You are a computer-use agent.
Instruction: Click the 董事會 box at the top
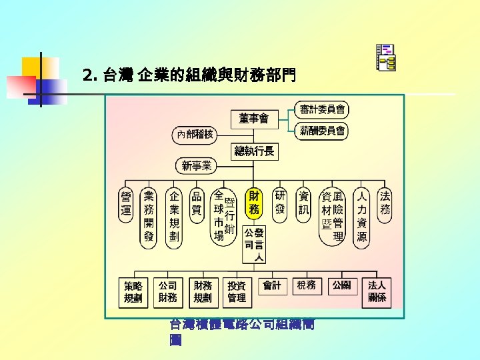(x=253, y=119)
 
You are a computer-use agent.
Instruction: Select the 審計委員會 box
(x=322, y=109)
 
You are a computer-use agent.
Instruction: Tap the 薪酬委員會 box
(x=322, y=131)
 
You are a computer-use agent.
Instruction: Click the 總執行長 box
(x=254, y=151)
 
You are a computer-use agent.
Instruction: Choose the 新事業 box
(x=197, y=165)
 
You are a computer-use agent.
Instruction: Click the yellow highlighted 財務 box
(x=254, y=203)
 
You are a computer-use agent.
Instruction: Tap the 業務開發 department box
(x=149, y=217)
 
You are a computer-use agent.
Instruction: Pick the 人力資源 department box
(x=361, y=217)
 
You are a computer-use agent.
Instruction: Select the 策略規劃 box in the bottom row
(x=133, y=292)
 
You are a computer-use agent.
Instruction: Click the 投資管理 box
(x=237, y=292)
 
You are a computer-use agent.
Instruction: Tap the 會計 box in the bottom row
(x=272, y=286)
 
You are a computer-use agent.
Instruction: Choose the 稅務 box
(x=307, y=286)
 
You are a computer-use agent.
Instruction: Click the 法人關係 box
(x=377, y=292)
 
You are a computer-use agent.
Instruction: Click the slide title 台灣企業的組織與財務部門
(x=190, y=75)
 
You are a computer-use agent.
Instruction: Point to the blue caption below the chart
(x=243, y=332)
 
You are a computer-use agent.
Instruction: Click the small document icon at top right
(x=385, y=58)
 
